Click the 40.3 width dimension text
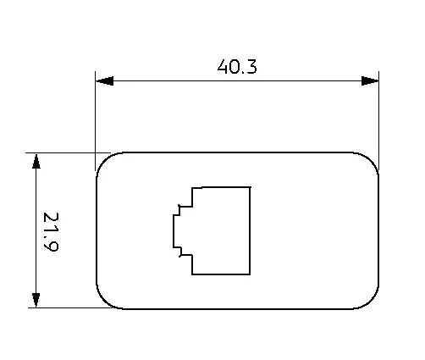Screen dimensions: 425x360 [x=237, y=67]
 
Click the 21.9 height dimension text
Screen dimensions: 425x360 [x=51, y=231]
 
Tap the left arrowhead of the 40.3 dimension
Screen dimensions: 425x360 [x=105, y=80]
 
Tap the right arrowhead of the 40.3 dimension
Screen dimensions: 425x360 [x=370, y=80]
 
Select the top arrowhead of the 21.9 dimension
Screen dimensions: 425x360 [x=36, y=161]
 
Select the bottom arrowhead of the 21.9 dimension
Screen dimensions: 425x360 [x=36, y=300]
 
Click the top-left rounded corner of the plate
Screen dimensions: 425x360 [x=104, y=160]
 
